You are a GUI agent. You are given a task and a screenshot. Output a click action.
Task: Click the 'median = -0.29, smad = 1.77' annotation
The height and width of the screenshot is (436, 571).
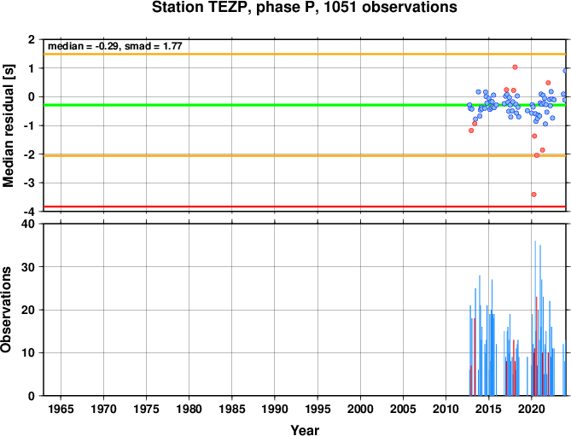[x=115, y=46]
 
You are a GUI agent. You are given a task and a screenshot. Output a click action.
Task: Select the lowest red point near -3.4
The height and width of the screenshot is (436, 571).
[x=533, y=195]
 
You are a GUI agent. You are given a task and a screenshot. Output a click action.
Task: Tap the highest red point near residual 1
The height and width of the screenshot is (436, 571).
[x=515, y=67]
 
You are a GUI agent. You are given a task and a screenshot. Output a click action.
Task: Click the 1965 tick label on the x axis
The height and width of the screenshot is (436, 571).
[x=61, y=409]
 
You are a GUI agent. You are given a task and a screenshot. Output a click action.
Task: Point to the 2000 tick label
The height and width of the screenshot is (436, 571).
[x=360, y=409]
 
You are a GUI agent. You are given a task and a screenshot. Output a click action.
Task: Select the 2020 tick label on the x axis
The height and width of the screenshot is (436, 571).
[x=532, y=409]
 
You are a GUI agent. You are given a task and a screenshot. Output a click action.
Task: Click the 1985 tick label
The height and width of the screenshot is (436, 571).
[x=232, y=409]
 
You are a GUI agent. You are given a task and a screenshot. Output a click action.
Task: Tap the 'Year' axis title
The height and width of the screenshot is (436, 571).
[x=305, y=430]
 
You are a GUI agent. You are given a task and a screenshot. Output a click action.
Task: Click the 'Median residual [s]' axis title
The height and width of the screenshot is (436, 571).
[x=8, y=126]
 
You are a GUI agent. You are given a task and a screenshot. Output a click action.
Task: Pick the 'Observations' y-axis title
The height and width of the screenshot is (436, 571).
[x=6, y=310]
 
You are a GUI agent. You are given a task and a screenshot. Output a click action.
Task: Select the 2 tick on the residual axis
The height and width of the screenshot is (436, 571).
[x=32, y=39]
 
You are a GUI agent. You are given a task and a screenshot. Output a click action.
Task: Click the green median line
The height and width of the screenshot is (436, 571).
[x=305, y=105]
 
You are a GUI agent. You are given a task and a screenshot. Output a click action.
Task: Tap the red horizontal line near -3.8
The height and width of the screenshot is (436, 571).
[x=305, y=206]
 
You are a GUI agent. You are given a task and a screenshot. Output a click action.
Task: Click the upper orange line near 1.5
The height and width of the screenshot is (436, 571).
[x=305, y=55]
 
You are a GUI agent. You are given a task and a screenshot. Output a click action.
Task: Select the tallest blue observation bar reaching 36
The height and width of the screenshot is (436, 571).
[x=535, y=318]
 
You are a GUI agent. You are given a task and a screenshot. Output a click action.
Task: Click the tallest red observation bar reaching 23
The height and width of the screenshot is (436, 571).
[x=536, y=346]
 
